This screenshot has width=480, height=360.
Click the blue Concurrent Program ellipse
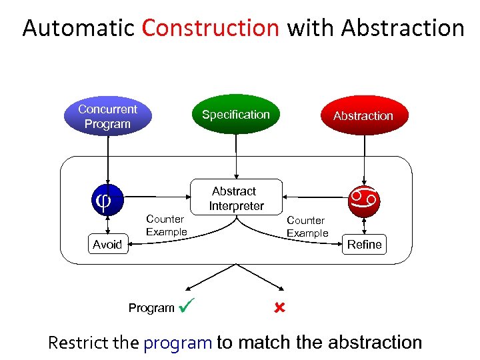click(x=107, y=117)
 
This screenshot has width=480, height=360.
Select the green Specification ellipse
click(x=235, y=115)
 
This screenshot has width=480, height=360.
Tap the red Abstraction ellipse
click(x=363, y=116)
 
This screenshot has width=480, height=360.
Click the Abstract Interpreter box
click(x=236, y=199)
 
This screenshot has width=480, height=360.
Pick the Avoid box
click(x=107, y=245)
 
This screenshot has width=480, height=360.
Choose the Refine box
click(x=364, y=245)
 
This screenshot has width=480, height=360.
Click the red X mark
click(x=279, y=308)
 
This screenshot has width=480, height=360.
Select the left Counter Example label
click(x=166, y=225)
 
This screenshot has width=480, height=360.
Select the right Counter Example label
click(x=307, y=227)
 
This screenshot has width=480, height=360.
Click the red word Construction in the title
click(x=211, y=28)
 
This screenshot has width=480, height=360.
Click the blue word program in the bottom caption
click(x=177, y=343)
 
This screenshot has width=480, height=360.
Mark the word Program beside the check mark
click(x=151, y=308)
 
